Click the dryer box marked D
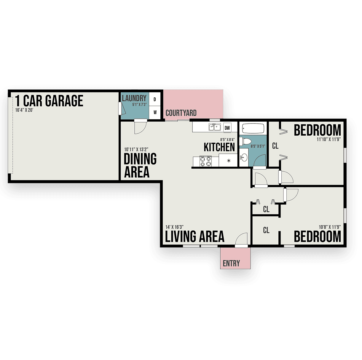pyautogui.click(x=154, y=99)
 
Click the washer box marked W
pyautogui.click(x=154, y=112)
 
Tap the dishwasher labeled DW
pyautogui.click(x=227, y=128)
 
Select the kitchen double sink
pyautogui.click(x=215, y=127)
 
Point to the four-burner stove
pyautogui.click(x=205, y=161)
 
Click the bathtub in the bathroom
pyautogui.click(x=253, y=128)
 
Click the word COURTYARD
pyautogui.click(x=181, y=113)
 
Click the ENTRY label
pyautogui.click(x=231, y=263)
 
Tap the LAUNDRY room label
pyautogui.click(x=134, y=98)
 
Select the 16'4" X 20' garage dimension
pyautogui.click(x=24, y=110)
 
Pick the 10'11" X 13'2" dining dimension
pyautogui.click(x=136, y=149)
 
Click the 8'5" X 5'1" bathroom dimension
pyautogui.click(x=258, y=146)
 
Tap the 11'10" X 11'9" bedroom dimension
pyautogui.click(x=329, y=139)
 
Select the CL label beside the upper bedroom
pyautogui.click(x=275, y=146)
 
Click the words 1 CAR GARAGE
pyautogui.click(x=49, y=101)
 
